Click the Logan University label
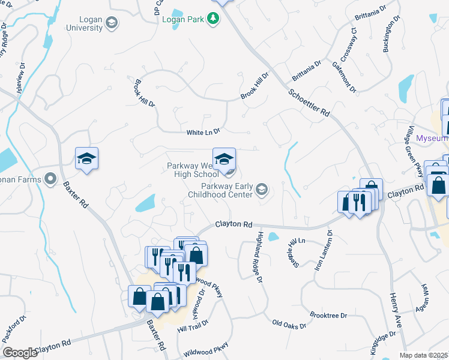click(84, 23)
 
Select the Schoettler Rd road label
click(309, 103)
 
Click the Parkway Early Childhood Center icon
click(261, 190)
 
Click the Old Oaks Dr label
click(289, 325)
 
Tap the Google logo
click(20, 353)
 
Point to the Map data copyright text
click(423, 355)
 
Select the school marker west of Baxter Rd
click(86, 160)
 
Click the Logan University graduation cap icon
click(111, 23)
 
